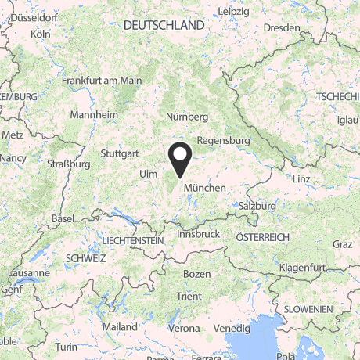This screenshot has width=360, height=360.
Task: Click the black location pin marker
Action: [181, 159]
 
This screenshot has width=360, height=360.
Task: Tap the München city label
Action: [204, 189]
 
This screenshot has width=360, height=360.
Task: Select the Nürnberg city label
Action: [187, 117]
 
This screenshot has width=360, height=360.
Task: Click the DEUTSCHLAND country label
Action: [164, 26]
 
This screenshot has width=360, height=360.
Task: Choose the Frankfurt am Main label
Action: [102, 80]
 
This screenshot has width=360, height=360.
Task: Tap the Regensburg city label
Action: [223, 141]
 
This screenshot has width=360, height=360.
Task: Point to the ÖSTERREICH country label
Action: [263, 237]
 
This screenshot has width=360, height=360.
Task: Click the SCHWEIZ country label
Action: [86, 257]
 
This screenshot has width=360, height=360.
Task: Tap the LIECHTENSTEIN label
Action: [132, 241]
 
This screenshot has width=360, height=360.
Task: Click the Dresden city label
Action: [282, 28]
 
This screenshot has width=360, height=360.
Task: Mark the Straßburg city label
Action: [69, 164]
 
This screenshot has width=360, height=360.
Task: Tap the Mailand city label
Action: [120, 326]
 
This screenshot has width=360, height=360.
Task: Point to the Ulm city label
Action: [148, 173]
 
